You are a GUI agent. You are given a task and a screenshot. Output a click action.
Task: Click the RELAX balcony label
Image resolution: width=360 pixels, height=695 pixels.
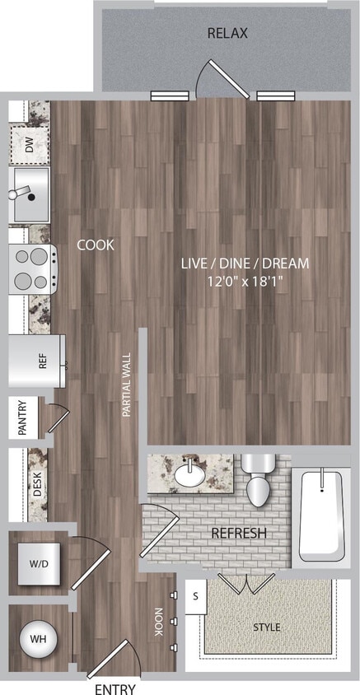[227, 34]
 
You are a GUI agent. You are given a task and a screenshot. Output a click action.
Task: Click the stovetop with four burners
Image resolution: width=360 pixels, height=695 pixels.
[33, 268]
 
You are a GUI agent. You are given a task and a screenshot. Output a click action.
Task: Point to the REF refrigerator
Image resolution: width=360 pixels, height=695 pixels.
[37, 361]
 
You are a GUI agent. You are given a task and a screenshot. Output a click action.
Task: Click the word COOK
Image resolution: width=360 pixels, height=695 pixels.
[96, 245]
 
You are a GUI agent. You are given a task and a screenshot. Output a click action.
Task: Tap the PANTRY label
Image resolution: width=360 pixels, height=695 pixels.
[22, 419]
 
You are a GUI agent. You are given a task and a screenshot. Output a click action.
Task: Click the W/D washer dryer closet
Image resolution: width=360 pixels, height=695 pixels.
[38, 565]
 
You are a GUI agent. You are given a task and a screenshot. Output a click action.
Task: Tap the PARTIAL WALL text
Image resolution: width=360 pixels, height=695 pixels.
[127, 385]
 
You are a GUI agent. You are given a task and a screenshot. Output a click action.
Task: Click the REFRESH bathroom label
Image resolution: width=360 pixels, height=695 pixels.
[239, 534]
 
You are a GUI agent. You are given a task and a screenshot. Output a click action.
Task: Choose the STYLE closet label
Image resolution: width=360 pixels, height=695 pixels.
[266, 627]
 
